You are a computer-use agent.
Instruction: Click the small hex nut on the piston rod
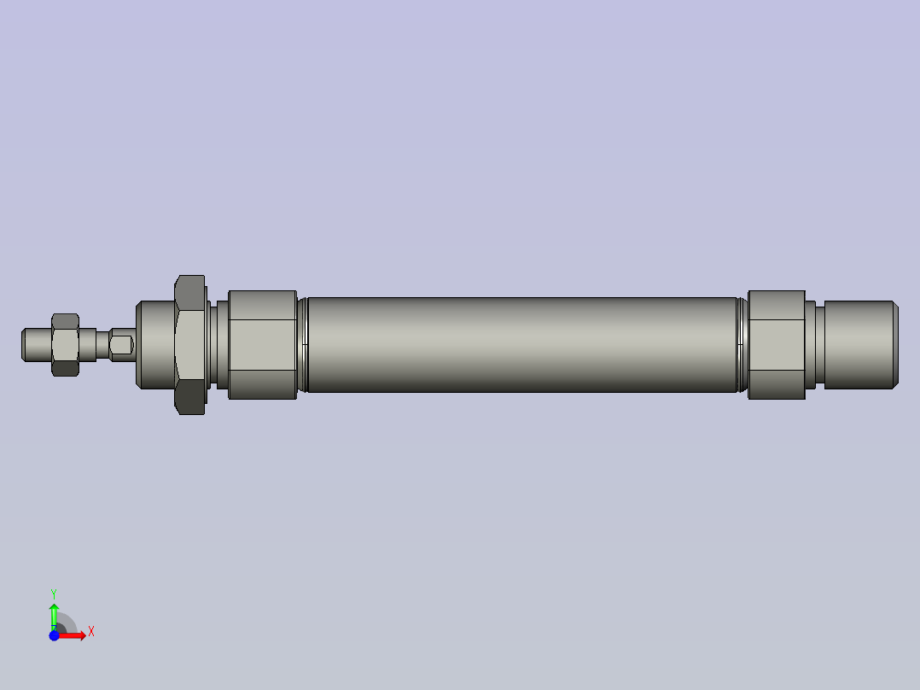[65, 344]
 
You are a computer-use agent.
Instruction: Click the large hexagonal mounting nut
[189, 345]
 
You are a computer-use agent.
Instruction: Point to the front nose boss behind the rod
[154, 345]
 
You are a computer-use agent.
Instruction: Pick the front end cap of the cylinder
[262, 345]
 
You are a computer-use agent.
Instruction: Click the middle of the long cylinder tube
[521, 345]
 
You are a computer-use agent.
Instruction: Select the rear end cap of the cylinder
[777, 345]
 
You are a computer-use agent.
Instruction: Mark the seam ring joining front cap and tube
[301, 345]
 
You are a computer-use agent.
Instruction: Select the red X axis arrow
[74, 635]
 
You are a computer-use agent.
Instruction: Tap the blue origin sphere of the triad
[54, 635]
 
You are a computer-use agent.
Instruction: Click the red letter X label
[90, 632]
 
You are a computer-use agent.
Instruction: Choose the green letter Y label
[54, 593]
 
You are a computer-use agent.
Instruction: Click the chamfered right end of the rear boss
[894, 345]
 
